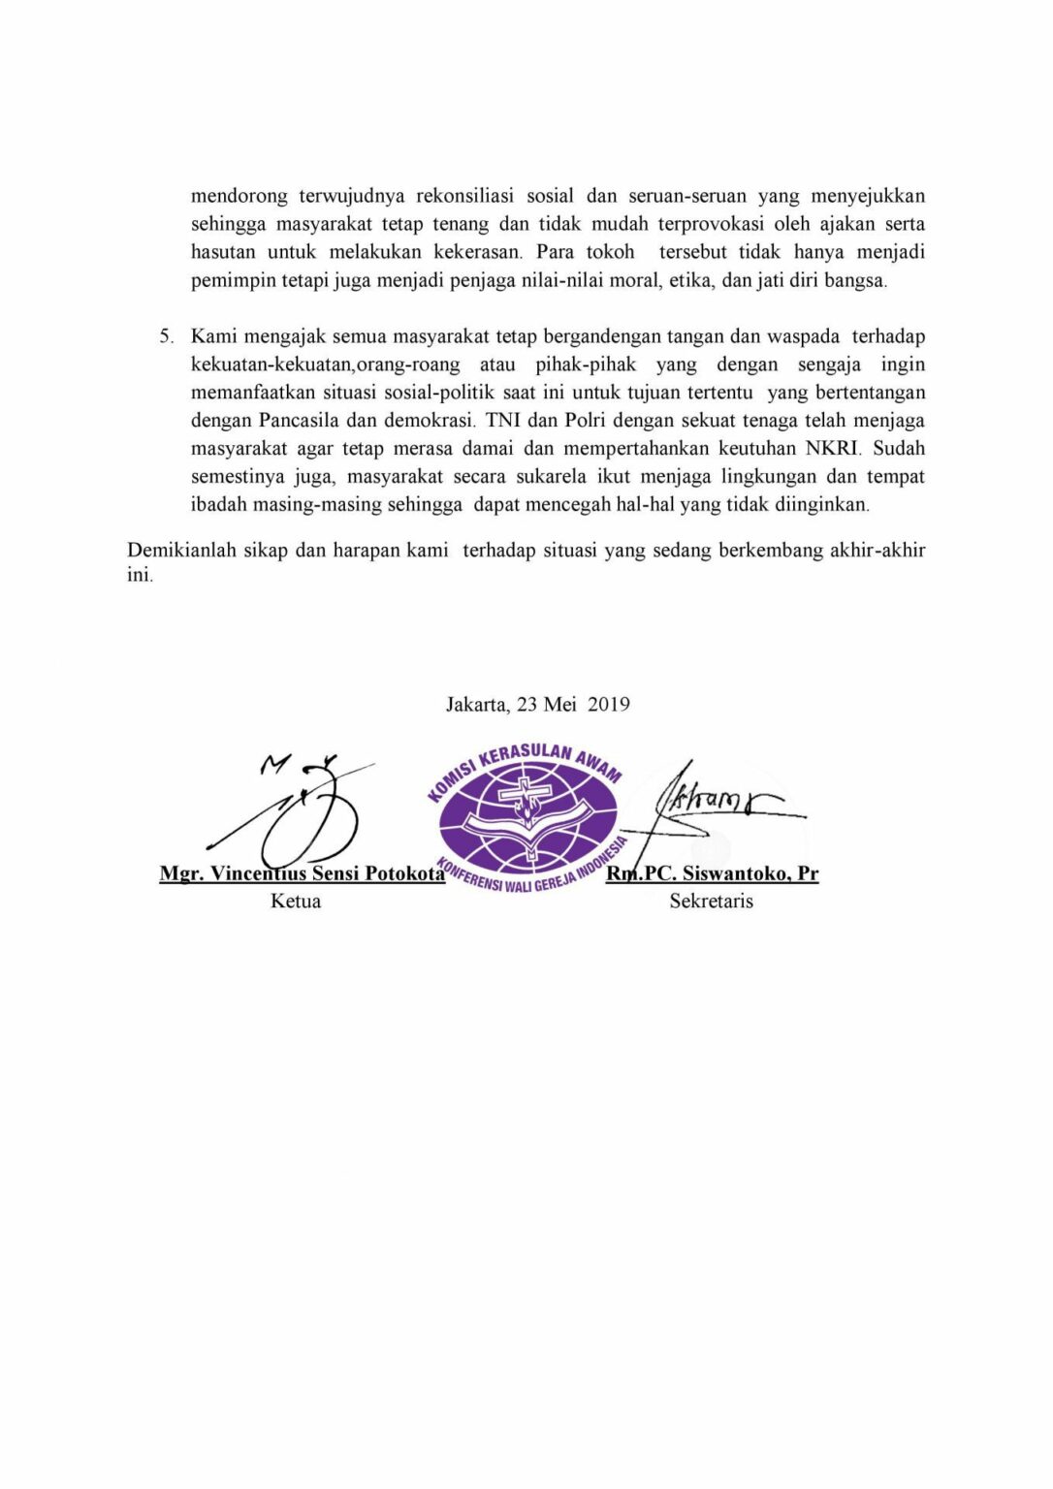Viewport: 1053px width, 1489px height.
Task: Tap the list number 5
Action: pyautogui.click(x=166, y=336)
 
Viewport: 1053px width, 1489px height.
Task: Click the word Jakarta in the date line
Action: pyautogui.click(x=476, y=704)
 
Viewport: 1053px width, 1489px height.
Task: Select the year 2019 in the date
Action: pyautogui.click(x=608, y=704)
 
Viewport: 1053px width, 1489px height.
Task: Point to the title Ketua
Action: pyautogui.click(x=296, y=901)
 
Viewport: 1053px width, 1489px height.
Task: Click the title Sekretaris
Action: pyautogui.click(x=711, y=901)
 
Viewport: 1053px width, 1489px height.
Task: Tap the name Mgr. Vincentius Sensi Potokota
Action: pyautogui.click(x=302, y=872)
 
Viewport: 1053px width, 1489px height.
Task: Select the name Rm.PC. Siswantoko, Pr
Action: pyautogui.click(x=713, y=872)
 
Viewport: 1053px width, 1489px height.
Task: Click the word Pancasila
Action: pyautogui.click(x=298, y=421)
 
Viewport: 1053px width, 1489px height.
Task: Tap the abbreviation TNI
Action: pyautogui.click(x=502, y=421)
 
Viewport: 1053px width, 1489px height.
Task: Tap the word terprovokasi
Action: pyautogui.click(x=711, y=224)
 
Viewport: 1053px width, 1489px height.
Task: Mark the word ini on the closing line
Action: pyautogui.click(x=139, y=575)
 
